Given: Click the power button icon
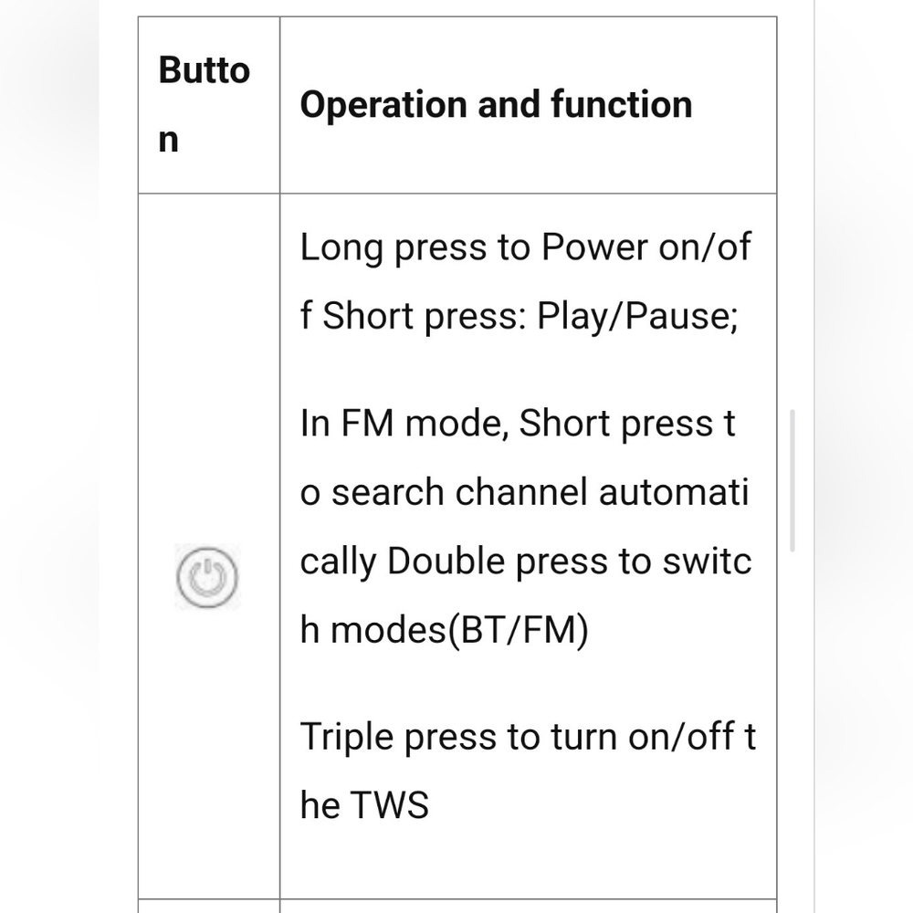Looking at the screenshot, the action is click(x=207, y=576).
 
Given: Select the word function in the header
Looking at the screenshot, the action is click(x=621, y=104).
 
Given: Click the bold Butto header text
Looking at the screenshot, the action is click(x=204, y=70).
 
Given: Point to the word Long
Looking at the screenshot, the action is click(x=341, y=248).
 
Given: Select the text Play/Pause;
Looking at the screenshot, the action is click(x=637, y=317).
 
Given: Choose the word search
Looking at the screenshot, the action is click(x=388, y=492).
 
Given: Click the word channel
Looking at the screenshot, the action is click(x=521, y=492).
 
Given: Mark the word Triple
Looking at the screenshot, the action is click(x=347, y=738).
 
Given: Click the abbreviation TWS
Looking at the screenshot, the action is click(x=390, y=805).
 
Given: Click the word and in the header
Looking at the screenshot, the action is click(x=509, y=105).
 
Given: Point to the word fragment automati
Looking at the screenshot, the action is click(x=673, y=492).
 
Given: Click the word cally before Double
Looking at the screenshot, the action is click(x=339, y=562).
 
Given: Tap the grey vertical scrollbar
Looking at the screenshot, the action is click(x=792, y=480).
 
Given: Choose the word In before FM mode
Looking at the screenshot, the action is click(x=314, y=424).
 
